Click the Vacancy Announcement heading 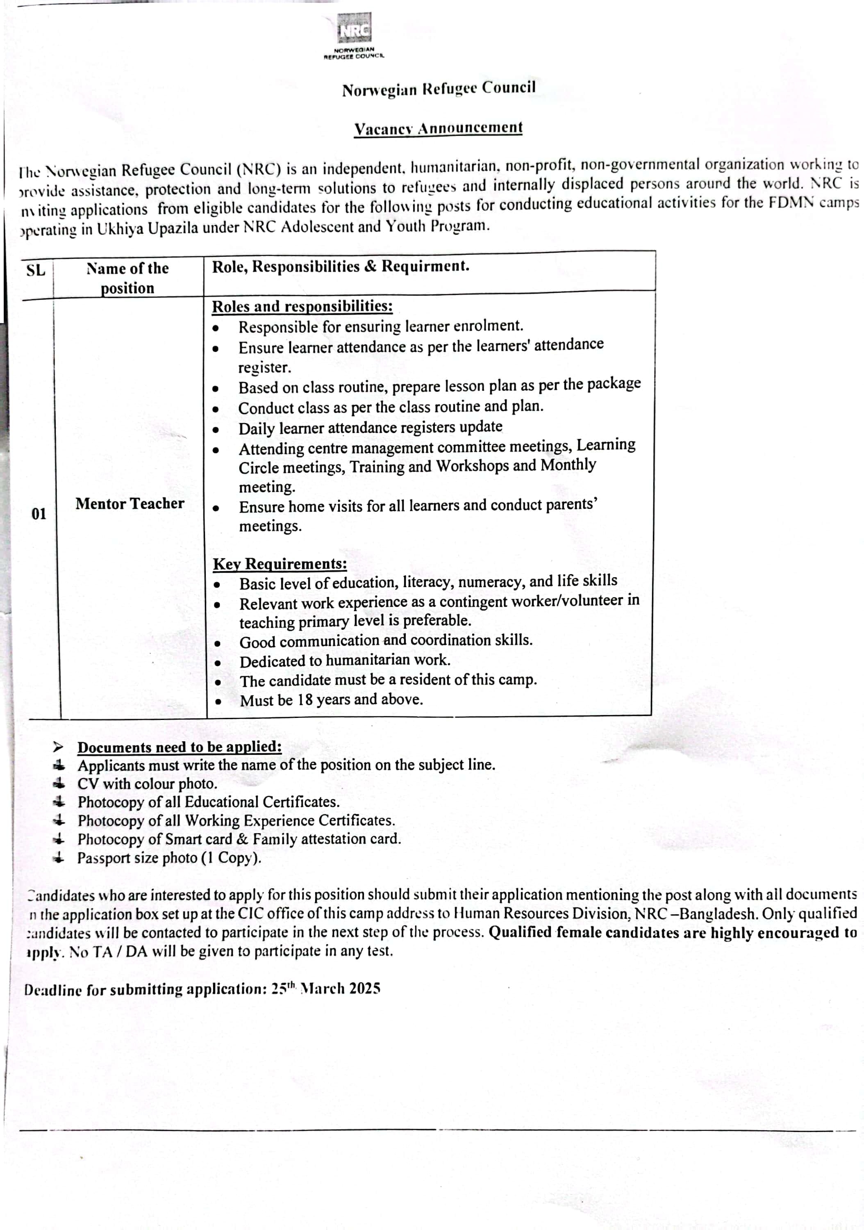[438, 129]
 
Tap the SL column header [36, 270]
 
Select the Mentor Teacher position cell [130, 503]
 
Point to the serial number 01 [39, 514]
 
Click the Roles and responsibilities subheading [302, 306]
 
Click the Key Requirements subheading [280, 564]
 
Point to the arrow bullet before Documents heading [58, 747]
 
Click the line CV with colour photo [147, 784]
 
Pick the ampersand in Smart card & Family [242, 839]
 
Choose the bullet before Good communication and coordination [218, 643]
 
